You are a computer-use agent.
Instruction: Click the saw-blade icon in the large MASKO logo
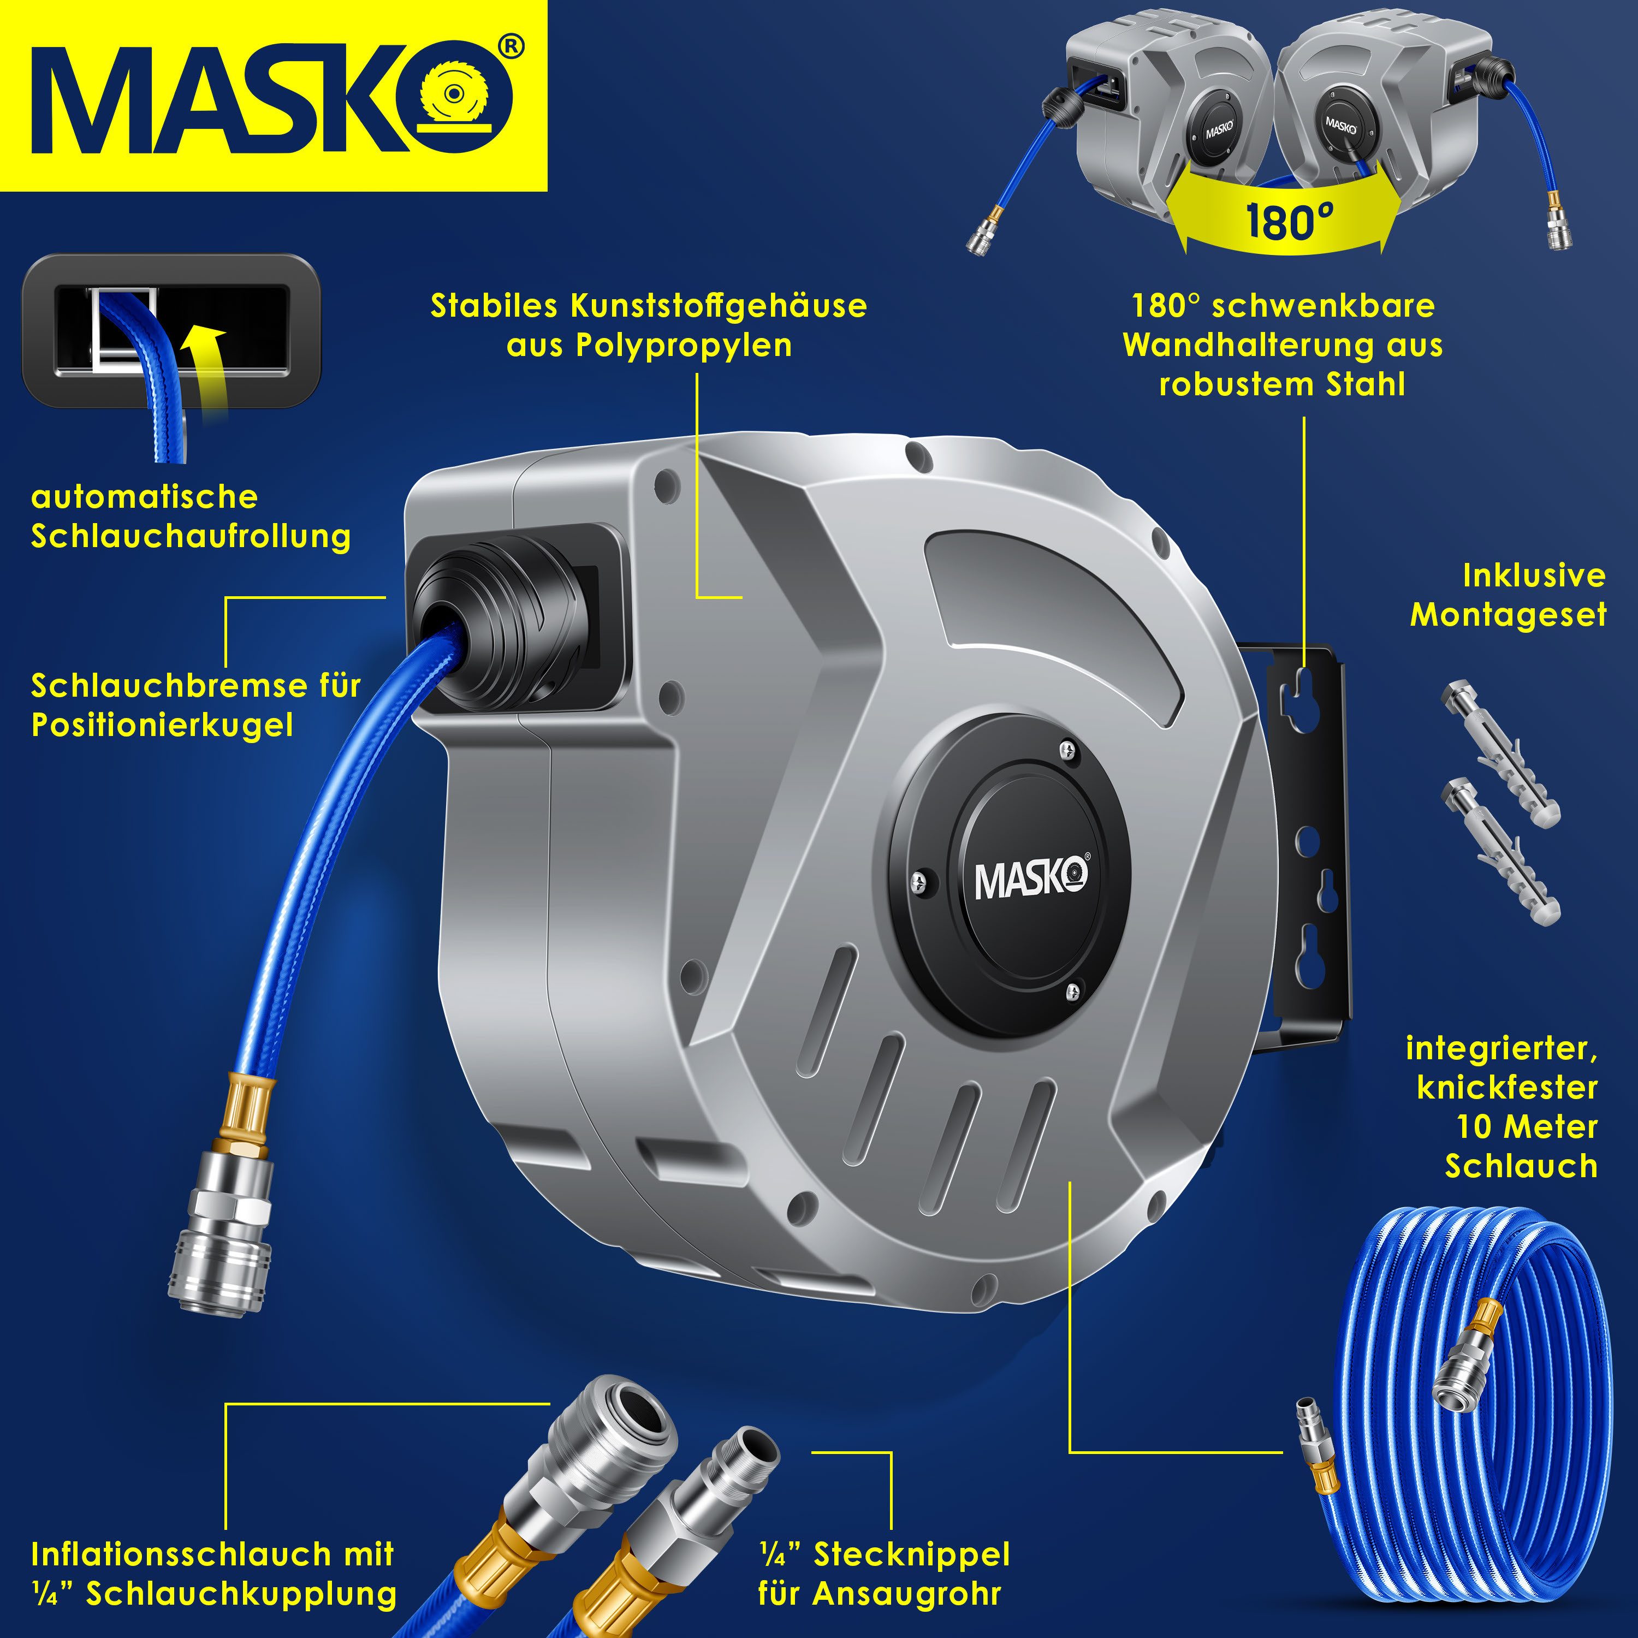(465, 100)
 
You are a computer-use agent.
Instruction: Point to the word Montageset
(1508, 615)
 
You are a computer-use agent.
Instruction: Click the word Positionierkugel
(162, 726)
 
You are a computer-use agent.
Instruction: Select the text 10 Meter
(1527, 1127)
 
